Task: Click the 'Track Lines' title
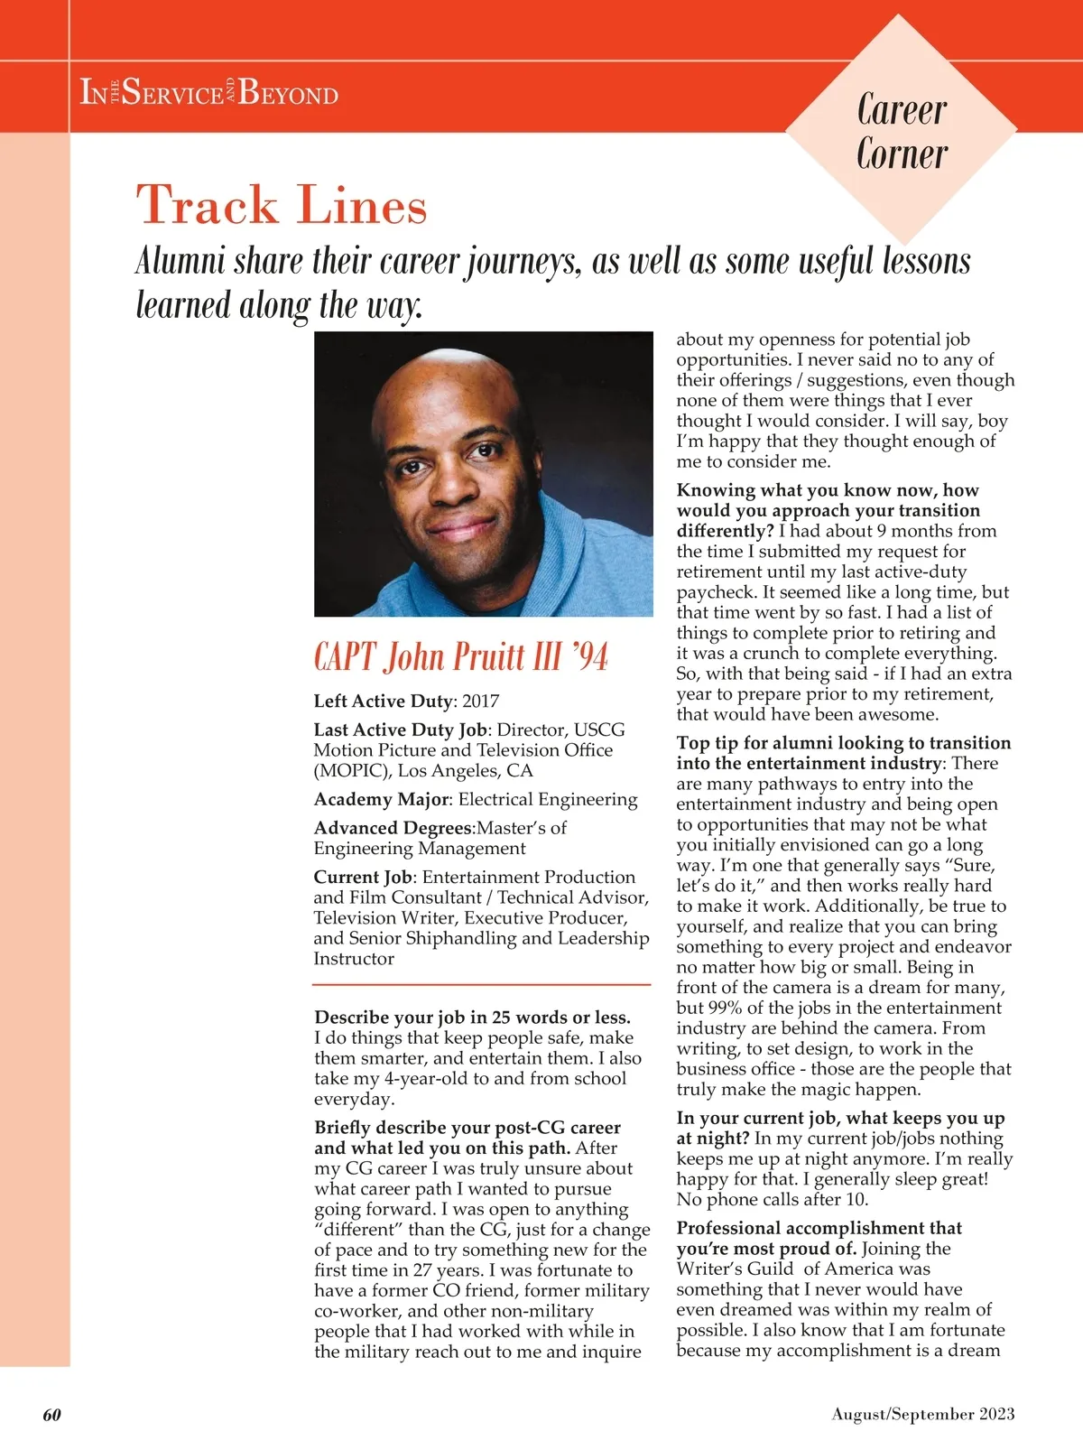pos(281,205)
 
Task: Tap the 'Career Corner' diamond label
pos(902,132)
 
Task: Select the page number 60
pos(52,1415)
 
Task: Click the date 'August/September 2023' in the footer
pos(922,1415)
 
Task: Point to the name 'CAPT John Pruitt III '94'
pos(460,656)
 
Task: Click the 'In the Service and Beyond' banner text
pos(209,92)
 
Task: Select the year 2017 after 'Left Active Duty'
pos(480,702)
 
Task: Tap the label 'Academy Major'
pos(380,799)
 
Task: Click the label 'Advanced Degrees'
pos(393,828)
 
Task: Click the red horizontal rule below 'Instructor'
pos(482,984)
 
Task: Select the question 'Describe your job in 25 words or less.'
pos(472,1018)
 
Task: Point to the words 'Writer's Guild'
pos(736,1269)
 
